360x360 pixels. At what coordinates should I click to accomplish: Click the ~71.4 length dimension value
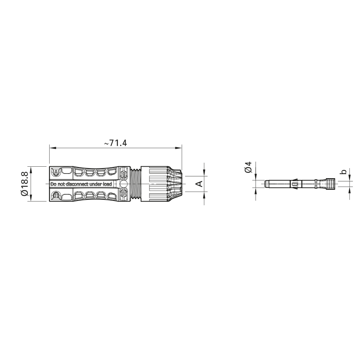[116, 143]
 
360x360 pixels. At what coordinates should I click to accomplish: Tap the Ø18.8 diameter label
[24, 184]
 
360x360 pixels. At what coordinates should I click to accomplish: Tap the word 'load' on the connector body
[107, 184]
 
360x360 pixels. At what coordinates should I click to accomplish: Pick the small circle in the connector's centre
[123, 184]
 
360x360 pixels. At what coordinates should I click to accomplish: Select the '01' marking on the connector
[56, 195]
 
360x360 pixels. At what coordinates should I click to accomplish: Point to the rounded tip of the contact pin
[266, 184]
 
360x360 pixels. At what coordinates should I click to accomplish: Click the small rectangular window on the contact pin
[294, 185]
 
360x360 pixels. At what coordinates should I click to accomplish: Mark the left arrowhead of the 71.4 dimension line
[51, 148]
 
